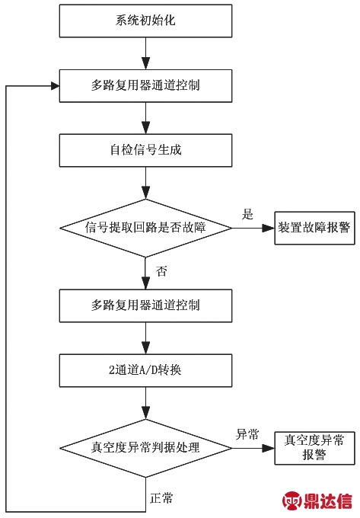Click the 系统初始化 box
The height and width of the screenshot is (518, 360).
pyautogui.click(x=145, y=21)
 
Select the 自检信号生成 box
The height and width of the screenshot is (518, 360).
pyautogui.click(x=145, y=150)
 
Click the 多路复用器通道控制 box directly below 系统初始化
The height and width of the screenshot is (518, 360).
pyautogui.click(x=145, y=86)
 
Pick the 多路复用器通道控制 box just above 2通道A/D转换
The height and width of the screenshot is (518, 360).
pyautogui.click(x=145, y=305)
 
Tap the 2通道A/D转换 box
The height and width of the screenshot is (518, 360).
pyautogui.click(x=145, y=370)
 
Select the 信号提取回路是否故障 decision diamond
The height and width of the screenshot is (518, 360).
pyautogui.click(x=145, y=228)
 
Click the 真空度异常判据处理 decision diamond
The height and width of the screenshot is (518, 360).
pyautogui.click(x=145, y=448)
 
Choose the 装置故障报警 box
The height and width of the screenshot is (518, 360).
pyautogui.click(x=314, y=228)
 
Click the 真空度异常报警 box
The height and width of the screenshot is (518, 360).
pyautogui.click(x=314, y=448)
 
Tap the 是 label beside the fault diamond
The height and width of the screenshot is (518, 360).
pyautogui.click(x=247, y=214)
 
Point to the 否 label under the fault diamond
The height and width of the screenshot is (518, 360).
pyautogui.click(x=161, y=271)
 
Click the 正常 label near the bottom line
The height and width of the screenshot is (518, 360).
pyautogui.click(x=161, y=498)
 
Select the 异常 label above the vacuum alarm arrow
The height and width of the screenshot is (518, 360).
pyautogui.click(x=247, y=434)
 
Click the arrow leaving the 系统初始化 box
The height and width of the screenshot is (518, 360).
pyautogui.click(x=145, y=53)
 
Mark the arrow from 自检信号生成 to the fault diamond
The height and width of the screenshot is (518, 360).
pyautogui.click(x=145, y=183)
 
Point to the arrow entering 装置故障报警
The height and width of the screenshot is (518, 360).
pyautogui.click(x=253, y=228)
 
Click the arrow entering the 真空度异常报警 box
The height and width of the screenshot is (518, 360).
pyautogui.click(x=253, y=448)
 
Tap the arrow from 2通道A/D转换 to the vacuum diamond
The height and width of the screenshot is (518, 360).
pyautogui.click(x=145, y=403)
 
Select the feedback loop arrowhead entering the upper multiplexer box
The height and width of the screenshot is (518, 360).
pyautogui.click(x=55, y=86)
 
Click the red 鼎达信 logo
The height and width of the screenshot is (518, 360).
pyautogui.click(x=317, y=500)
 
